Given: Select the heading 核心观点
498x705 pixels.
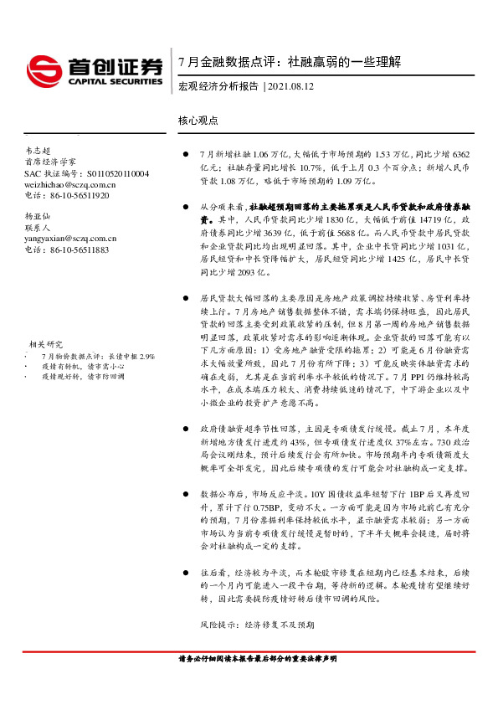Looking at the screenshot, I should [198, 121].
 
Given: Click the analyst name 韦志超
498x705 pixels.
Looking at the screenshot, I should [39, 149].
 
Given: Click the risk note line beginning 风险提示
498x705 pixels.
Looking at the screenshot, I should [256, 625].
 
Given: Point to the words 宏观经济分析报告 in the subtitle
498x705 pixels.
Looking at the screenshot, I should [218, 86].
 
